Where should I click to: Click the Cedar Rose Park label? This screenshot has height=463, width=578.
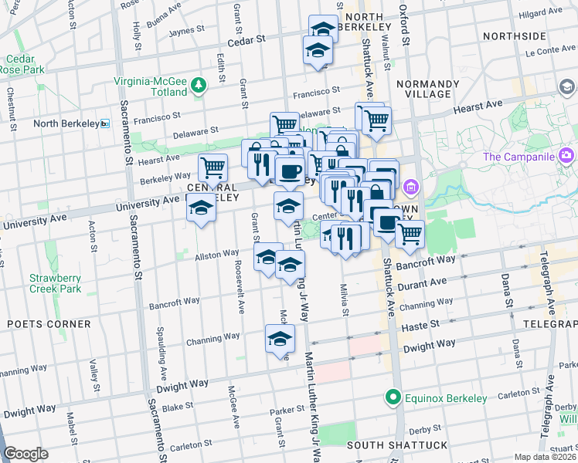[x=23, y=64]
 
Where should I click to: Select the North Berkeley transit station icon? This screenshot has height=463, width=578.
[x=105, y=123]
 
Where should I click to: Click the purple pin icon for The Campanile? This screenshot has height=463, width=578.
[x=566, y=157]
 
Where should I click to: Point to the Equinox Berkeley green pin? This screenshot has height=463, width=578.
[x=393, y=398]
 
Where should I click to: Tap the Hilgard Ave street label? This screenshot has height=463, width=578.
[x=540, y=13]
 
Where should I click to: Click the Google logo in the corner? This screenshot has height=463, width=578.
[x=25, y=454]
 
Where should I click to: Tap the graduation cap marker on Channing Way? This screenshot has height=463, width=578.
[x=280, y=338]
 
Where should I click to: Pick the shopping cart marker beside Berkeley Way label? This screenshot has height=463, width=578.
[x=212, y=167]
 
